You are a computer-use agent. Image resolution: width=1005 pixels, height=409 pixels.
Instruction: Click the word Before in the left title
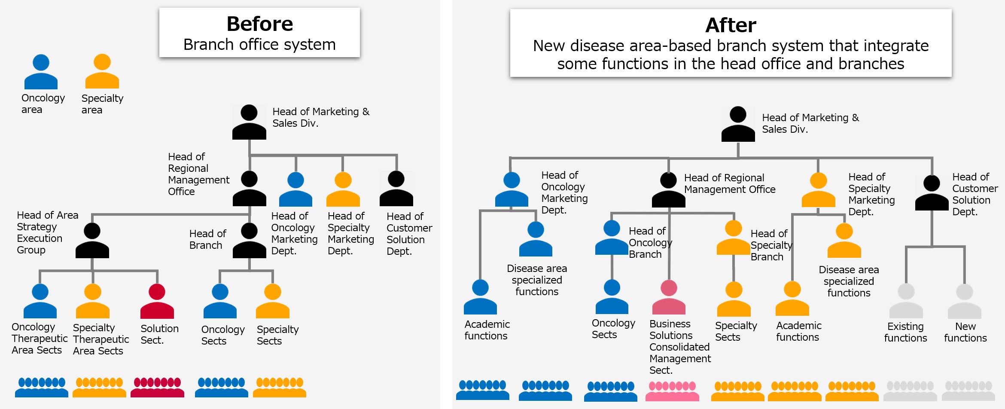[x=260, y=24]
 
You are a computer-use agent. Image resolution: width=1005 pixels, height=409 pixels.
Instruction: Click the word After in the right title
[x=731, y=25]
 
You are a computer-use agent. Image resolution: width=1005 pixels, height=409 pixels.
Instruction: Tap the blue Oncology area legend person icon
[x=41, y=72]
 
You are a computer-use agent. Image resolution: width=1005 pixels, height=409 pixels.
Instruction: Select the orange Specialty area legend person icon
[x=102, y=71]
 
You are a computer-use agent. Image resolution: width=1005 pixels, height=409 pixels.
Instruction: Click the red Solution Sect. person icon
[x=157, y=301]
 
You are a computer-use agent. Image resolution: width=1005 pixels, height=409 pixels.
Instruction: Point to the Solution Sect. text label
[x=159, y=334]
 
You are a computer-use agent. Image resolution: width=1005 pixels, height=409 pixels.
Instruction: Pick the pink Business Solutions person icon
[x=669, y=297]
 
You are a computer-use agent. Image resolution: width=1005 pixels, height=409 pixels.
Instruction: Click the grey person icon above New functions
[x=965, y=301]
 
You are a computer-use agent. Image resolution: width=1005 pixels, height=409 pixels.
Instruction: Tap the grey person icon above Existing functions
[x=906, y=301]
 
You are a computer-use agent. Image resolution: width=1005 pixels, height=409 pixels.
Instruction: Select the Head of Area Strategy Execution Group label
[x=47, y=232]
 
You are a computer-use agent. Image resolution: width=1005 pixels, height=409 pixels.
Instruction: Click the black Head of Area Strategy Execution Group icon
[x=92, y=241]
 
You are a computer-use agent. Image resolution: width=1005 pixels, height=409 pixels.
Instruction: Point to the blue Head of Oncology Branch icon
[x=612, y=238]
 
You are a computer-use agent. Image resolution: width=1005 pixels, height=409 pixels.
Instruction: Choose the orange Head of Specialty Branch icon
[x=734, y=238]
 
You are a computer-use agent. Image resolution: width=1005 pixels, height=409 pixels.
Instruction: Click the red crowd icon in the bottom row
[x=157, y=387]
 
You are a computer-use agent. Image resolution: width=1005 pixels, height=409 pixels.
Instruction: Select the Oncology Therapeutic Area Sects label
[x=40, y=339]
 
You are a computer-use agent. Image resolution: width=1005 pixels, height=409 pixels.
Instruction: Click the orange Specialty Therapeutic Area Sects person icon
[x=93, y=301]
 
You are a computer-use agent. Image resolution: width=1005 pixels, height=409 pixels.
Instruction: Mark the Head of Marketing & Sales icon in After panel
[x=738, y=124]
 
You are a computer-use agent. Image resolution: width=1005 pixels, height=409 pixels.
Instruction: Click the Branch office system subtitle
[x=259, y=45]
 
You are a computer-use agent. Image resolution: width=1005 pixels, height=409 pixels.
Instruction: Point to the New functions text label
[x=965, y=332]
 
